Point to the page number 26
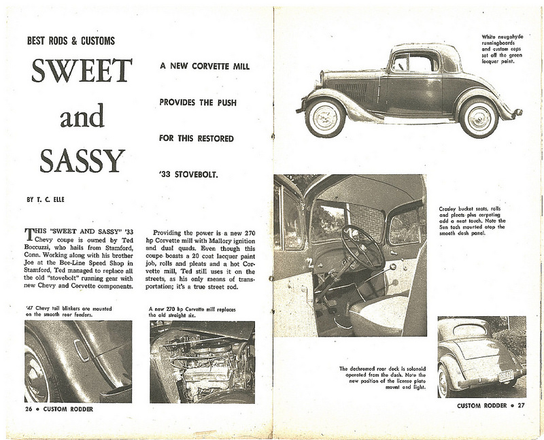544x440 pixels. [28, 410]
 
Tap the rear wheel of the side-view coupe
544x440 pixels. [479, 117]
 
